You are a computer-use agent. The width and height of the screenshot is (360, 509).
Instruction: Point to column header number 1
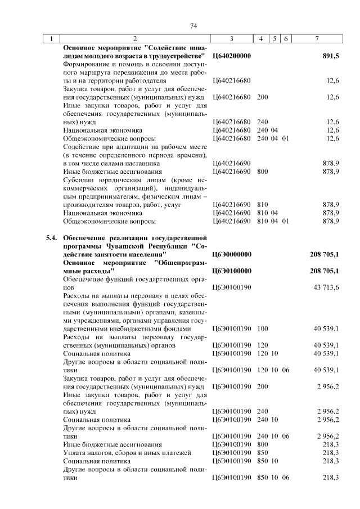[52, 39]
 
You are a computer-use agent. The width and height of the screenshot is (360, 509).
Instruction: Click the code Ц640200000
[232, 56]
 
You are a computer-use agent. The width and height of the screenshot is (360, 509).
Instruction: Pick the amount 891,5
[330, 56]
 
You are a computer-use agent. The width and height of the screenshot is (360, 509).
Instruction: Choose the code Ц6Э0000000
[232, 255]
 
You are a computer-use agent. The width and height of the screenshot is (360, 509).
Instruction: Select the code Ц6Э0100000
[232, 271]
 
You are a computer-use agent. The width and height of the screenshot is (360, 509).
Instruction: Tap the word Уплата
[74, 452]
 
